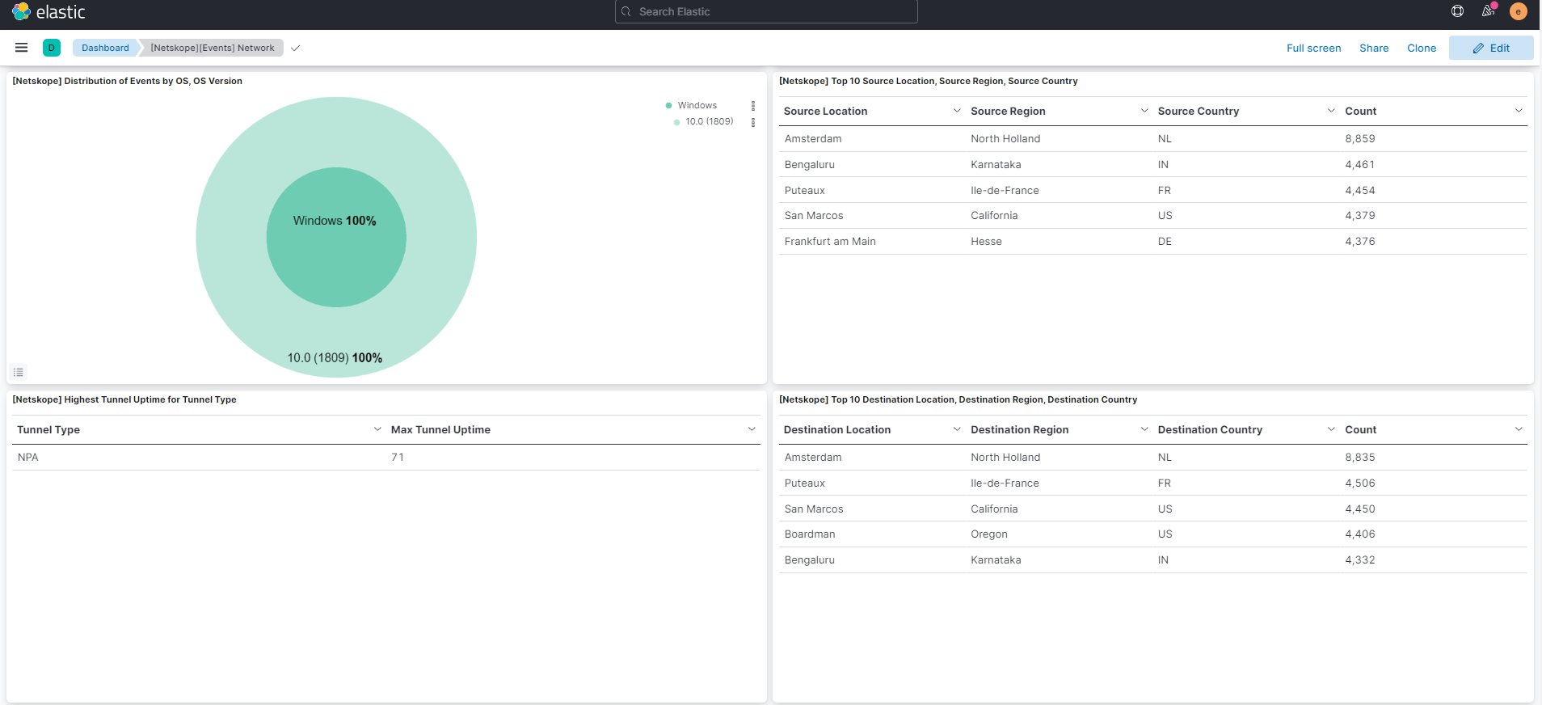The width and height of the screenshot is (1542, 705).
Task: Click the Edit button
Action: click(1491, 48)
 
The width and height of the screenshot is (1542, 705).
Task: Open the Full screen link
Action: click(1313, 48)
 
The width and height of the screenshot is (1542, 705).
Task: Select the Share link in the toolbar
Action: click(1374, 48)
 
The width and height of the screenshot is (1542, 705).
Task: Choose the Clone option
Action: click(1422, 48)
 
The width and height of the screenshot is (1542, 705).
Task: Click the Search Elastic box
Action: click(766, 11)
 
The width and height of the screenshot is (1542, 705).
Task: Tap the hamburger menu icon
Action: click(22, 48)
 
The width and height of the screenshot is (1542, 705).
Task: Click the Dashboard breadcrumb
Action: click(105, 48)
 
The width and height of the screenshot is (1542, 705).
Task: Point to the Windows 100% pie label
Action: click(335, 221)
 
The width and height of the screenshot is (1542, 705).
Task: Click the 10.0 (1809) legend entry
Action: click(709, 121)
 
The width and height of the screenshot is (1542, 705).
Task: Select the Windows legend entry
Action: click(697, 105)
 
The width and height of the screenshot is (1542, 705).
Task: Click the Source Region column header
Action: click(1008, 111)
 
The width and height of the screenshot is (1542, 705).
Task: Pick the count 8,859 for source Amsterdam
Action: click(1360, 138)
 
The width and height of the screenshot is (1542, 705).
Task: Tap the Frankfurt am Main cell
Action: click(830, 241)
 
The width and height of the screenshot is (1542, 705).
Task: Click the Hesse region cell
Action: click(986, 241)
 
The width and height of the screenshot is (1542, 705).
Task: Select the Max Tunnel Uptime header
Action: click(440, 429)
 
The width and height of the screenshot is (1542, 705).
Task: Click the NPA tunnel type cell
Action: click(28, 457)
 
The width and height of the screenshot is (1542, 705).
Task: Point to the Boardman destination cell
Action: click(810, 534)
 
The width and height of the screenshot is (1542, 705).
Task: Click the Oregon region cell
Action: click(989, 534)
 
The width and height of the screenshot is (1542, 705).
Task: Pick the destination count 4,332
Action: click(1360, 559)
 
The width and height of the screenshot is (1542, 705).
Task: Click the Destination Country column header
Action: click(1210, 429)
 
